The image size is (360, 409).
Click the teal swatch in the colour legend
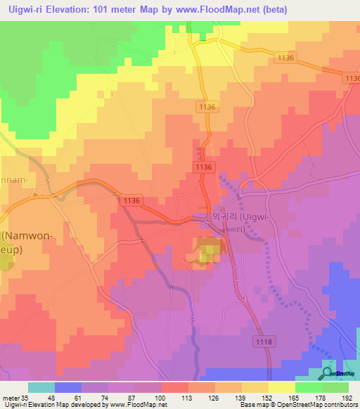tap(41, 387)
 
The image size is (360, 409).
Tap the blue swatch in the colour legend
tap(67, 387)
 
